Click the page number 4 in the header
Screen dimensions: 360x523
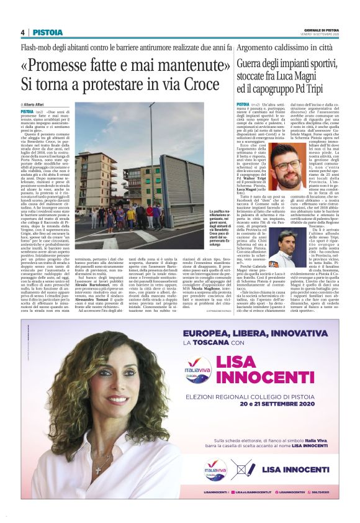point(22,32)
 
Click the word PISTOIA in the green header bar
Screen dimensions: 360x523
point(47,32)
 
